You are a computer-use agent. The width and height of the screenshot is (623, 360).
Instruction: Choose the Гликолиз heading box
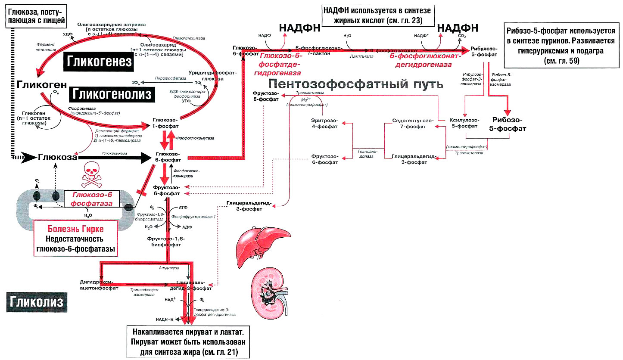pyautogui.click(x=37, y=301)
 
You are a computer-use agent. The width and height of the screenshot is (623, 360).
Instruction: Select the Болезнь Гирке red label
pyautogui.click(x=76, y=228)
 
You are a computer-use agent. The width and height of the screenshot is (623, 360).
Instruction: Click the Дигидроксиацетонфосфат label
pyautogui.click(x=99, y=286)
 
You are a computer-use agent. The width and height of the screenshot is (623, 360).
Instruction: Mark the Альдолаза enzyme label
pyautogui.click(x=166, y=268)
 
